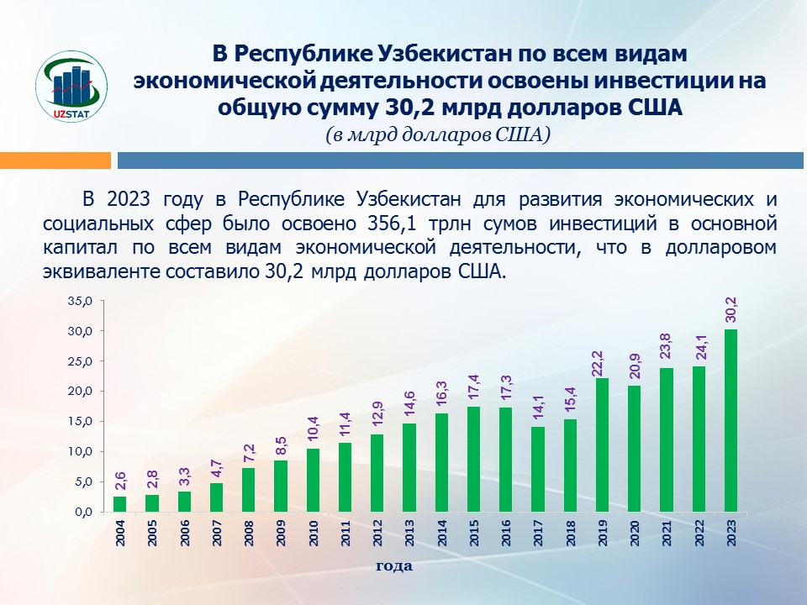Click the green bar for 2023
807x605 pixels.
(731, 420)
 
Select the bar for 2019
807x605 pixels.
(603, 445)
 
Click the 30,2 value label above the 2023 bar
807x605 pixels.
(731, 309)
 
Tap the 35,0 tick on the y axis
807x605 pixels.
(80, 301)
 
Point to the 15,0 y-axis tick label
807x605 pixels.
(80, 421)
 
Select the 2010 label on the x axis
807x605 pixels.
(313, 534)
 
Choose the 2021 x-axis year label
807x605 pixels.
(667, 534)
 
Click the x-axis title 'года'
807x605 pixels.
(393, 566)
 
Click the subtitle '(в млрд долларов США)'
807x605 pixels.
(438, 134)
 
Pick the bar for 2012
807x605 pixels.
(377, 473)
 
